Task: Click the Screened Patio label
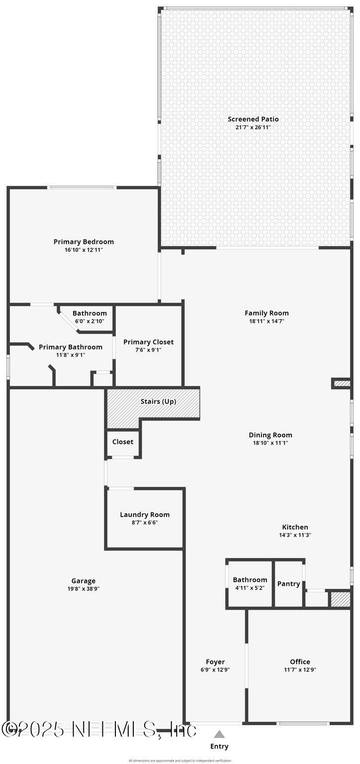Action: pyautogui.click(x=253, y=119)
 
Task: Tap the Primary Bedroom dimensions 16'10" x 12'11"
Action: pyautogui.click(x=84, y=250)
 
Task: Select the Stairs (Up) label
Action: pyautogui.click(x=158, y=401)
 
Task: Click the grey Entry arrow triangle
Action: pyautogui.click(x=219, y=734)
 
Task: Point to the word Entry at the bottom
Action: pyautogui.click(x=219, y=746)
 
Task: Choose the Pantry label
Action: pyautogui.click(x=288, y=584)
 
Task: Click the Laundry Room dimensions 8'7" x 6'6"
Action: pyautogui.click(x=145, y=523)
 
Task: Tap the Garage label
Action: pyautogui.click(x=84, y=580)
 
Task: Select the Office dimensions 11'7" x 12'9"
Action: pyautogui.click(x=300, y=669)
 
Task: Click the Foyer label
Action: pyautogui.click(x=215, y=662)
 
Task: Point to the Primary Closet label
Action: pyautogui.click(x=149, y=342)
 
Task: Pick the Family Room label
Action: pyautogui.click(x=267, y=313)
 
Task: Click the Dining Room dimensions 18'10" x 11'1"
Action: pyautogui.click(x=270, y=443)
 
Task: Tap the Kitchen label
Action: pyautogui.click(x=295, y=527)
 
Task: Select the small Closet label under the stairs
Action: pyautogui.click(x=123, y=442)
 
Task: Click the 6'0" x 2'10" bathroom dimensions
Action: pyautogui.click(x=90, y=321)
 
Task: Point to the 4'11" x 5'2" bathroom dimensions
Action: pyautogui.click(x=250, y=588)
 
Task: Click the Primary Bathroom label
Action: pyautogui.click(x=71, y=347)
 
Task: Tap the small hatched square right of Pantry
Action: pyautogui.click(x=341, y=599)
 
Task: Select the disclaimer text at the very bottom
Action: pyautogui.click(x=180, y=761)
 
